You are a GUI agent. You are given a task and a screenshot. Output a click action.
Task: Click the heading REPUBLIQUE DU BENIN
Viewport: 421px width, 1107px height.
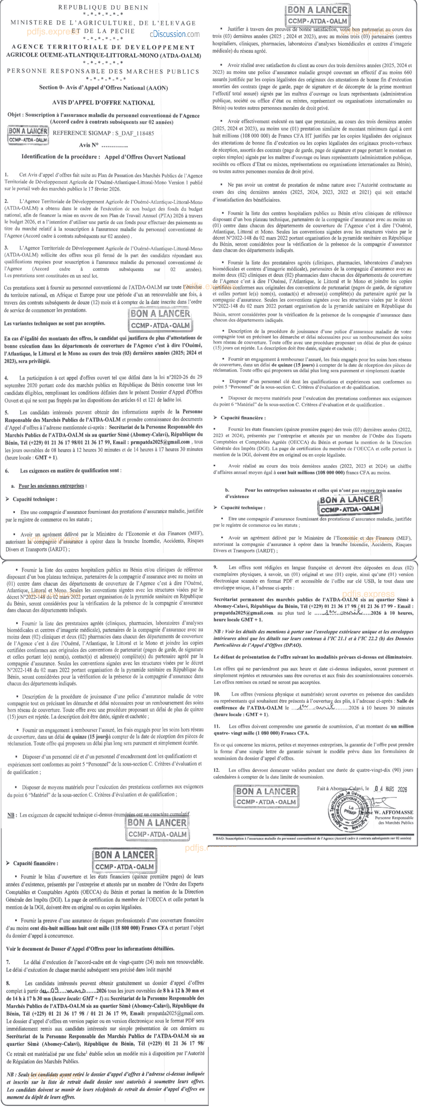tap(103, 7)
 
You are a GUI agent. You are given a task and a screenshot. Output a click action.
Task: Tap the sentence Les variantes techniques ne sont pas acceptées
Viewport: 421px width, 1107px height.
tap(55, 323)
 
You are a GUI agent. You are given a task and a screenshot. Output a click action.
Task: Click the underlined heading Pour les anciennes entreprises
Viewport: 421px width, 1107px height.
tap(51, 486)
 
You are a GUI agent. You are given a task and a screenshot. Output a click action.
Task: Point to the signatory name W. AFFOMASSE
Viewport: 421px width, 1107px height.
tap(393, 812)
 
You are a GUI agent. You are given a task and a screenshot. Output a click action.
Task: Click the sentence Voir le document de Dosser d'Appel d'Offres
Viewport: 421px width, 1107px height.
tap(90, 948)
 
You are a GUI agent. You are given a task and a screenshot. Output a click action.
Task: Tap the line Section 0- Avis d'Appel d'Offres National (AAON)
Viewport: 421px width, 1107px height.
tap(103, 88)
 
